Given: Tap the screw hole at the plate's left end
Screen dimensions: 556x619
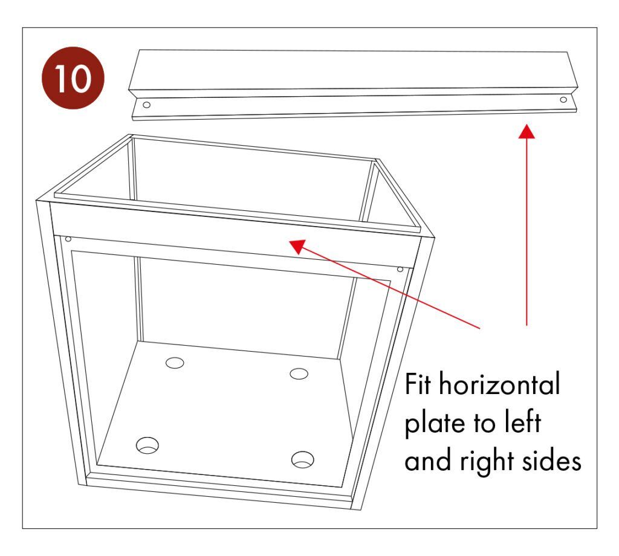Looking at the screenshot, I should tap(146, 105).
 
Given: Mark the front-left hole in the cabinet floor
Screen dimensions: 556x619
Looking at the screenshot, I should tap(147, 446).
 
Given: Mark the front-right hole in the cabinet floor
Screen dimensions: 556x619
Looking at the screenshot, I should tap(302, 459).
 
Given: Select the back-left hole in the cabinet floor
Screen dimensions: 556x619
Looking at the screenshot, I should tap(175, 363).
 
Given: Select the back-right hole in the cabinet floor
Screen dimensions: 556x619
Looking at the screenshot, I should tap(299, 373).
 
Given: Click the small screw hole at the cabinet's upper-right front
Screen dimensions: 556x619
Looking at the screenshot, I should tap(400, 269).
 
